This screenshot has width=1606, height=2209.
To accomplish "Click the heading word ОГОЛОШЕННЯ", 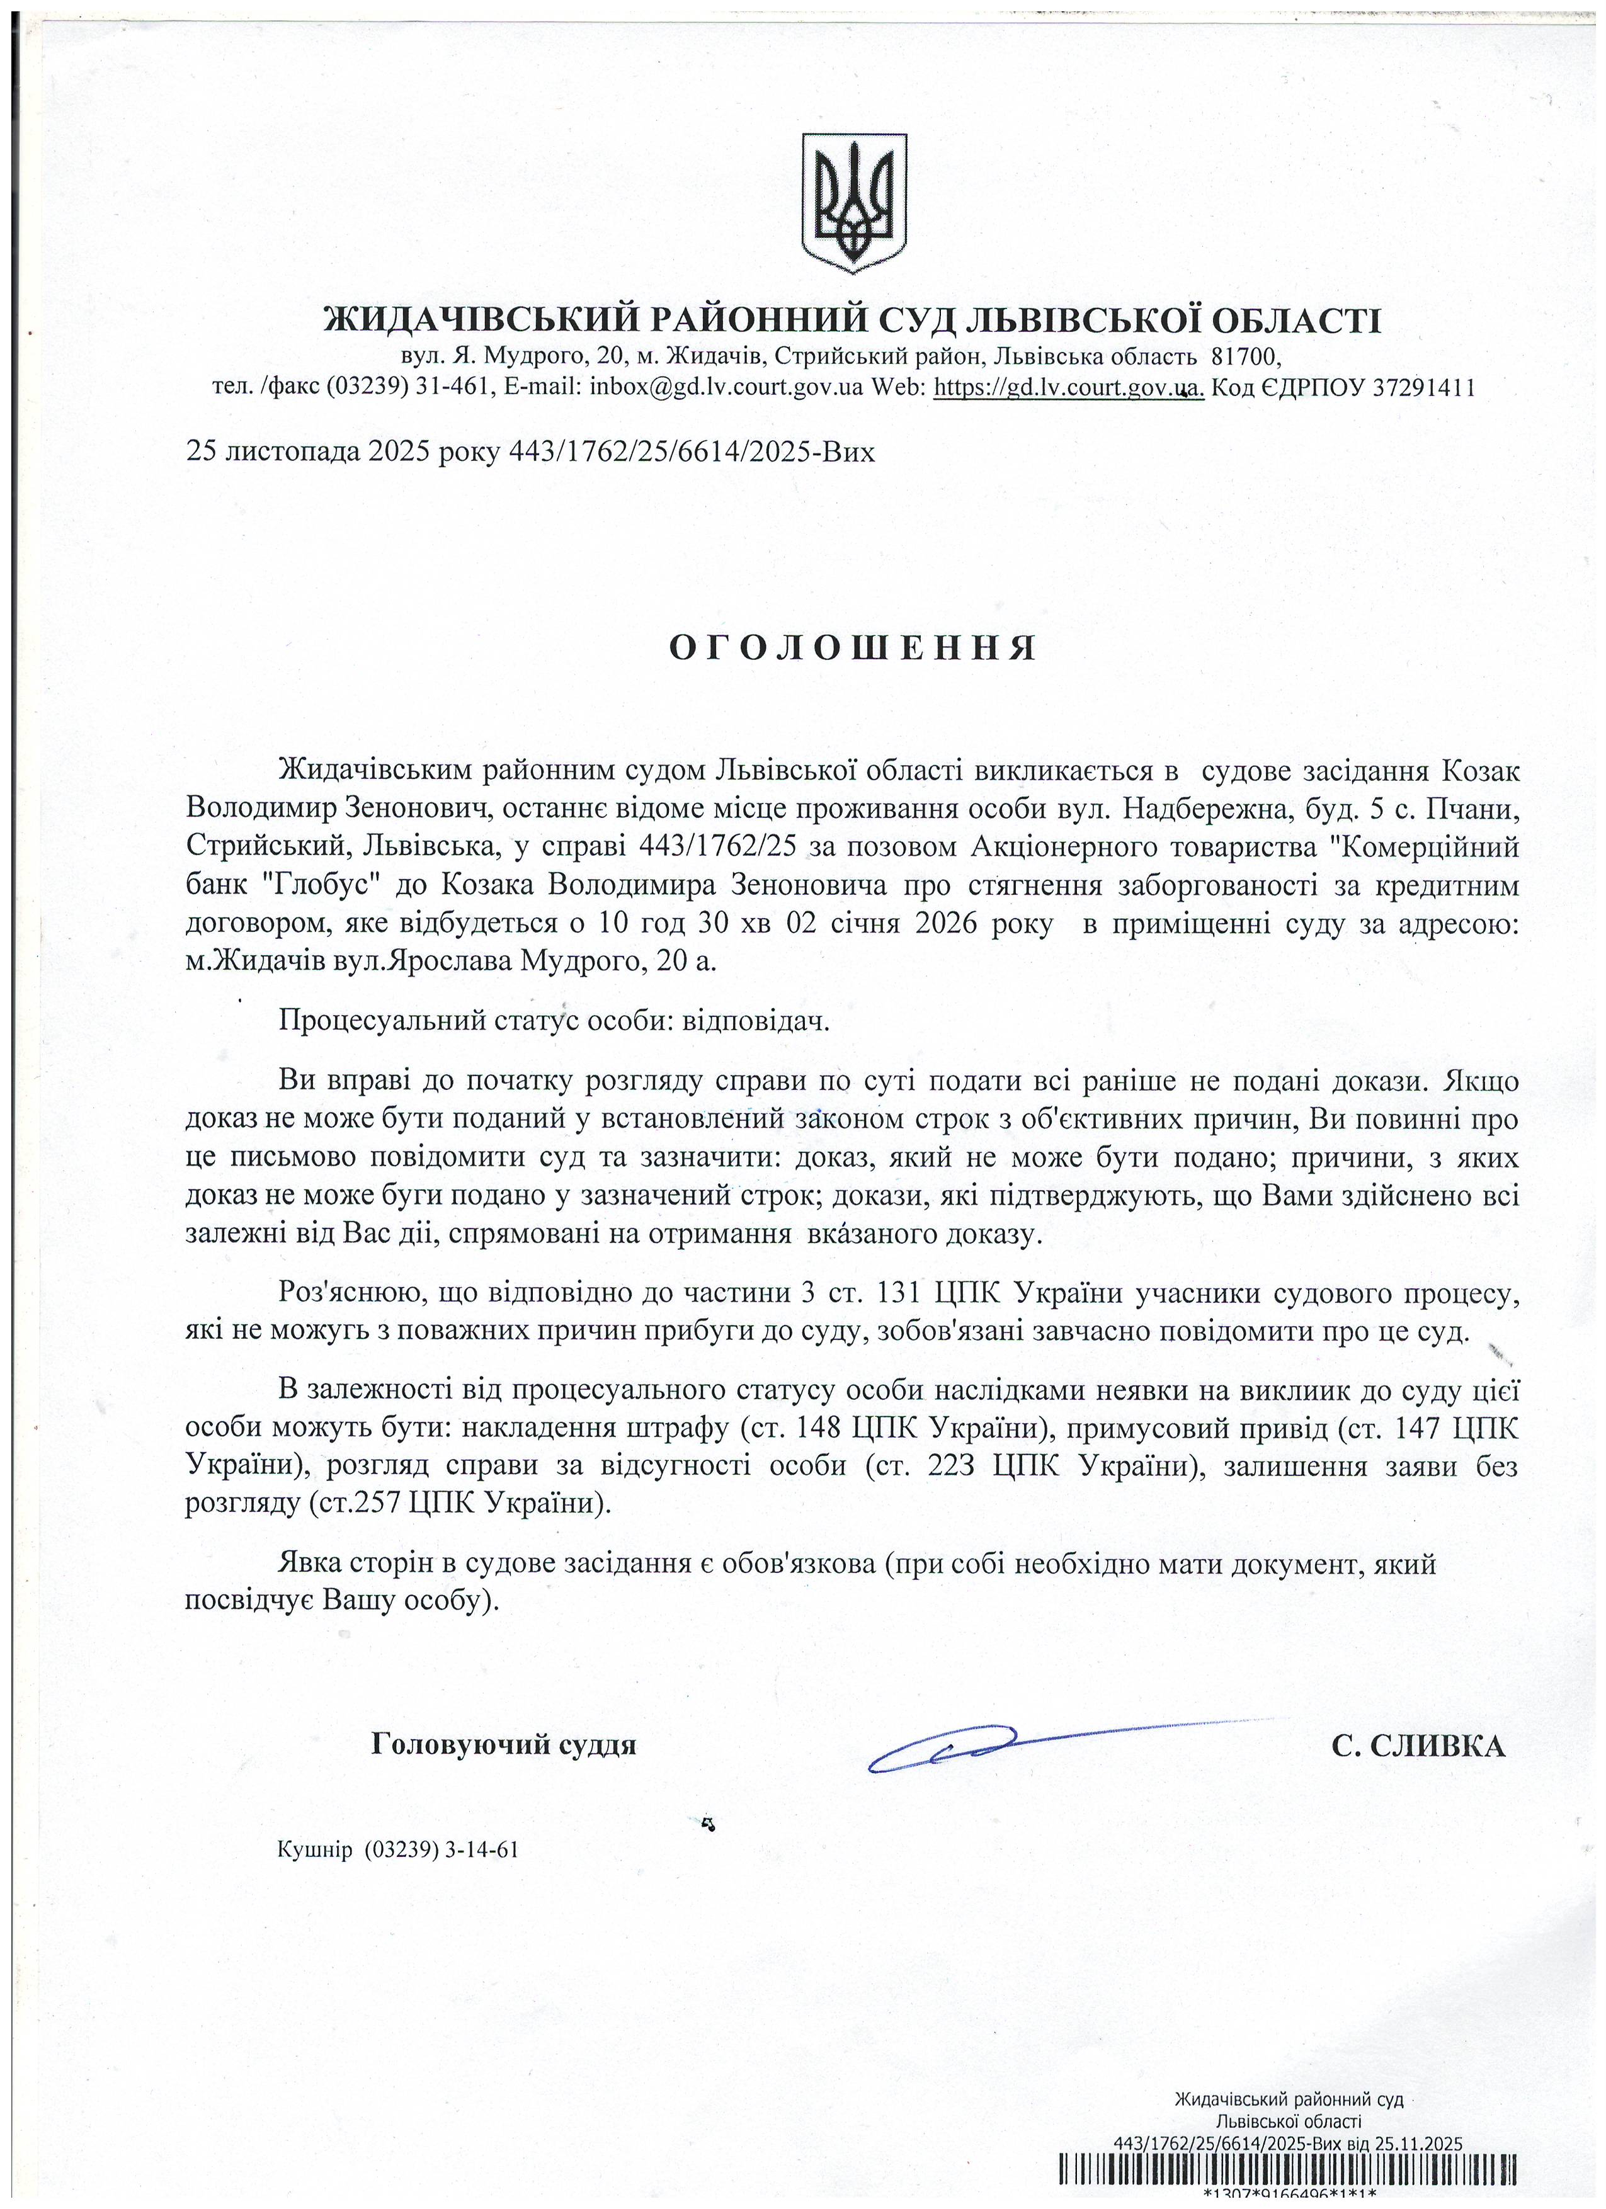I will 853,649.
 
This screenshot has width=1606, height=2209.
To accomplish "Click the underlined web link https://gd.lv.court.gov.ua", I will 1068,388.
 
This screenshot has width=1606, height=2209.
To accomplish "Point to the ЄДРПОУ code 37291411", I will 1423,388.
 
